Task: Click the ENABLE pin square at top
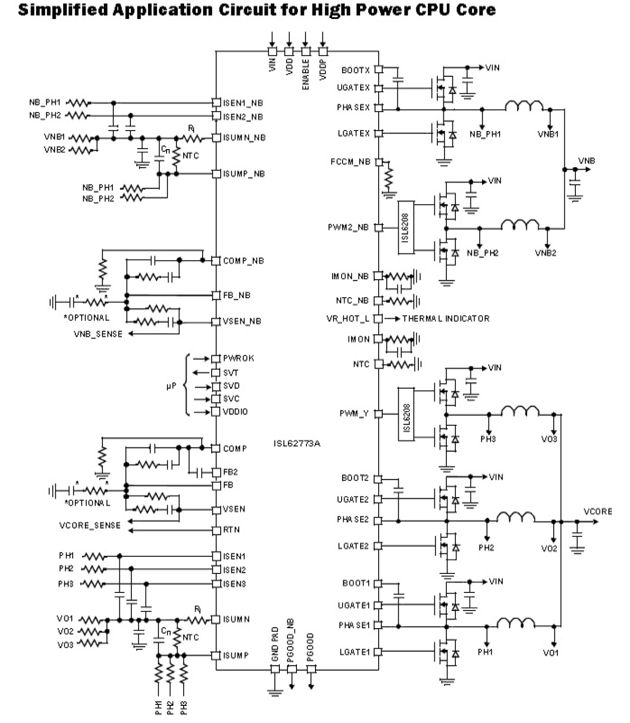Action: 305,51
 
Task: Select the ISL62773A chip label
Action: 297,443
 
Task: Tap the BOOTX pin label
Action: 355,70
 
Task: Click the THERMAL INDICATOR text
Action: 445,318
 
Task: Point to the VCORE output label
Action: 598,512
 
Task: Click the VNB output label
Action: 586,161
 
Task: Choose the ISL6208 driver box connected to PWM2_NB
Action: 406,227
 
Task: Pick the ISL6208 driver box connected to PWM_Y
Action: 406,414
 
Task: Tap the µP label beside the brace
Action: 171,386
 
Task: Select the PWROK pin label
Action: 239,358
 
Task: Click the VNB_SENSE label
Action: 98,334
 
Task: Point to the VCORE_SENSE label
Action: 90,525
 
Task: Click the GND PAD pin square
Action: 275,669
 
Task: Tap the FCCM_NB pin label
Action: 350,162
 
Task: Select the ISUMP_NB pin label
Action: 244,174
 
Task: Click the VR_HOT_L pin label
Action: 348,319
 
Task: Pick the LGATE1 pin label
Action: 354,652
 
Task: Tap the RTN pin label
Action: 231,530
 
